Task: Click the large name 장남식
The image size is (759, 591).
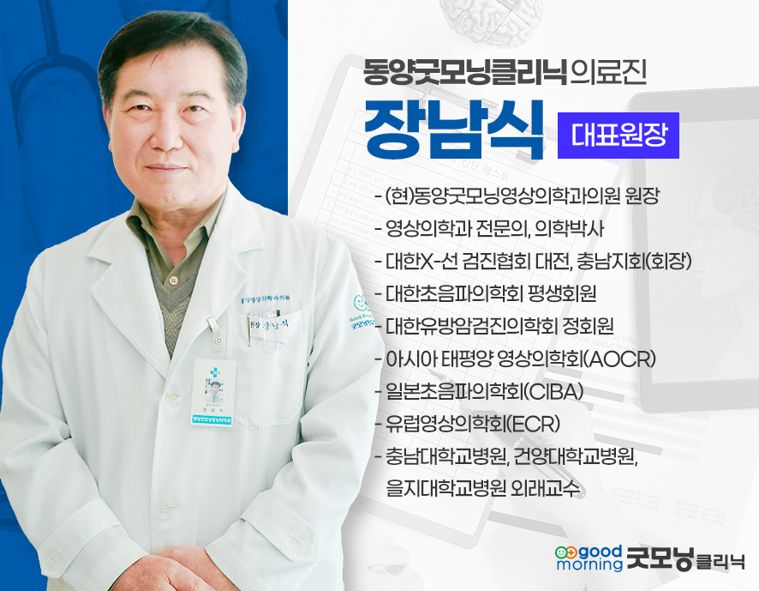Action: pyautogui.click(x=454, y=130)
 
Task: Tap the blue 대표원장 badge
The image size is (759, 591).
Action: pyautogui.click(x=619, y=136)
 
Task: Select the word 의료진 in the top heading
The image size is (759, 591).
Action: pyautogui.click(x=608, y=73)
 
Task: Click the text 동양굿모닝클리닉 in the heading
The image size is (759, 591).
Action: pyautogui.click(x=465, y=73)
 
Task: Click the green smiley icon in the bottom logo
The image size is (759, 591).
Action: pyautogui.click(x=566, y=552)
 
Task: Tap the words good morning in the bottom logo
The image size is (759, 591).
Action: pyautogui.click(x=589, y=558)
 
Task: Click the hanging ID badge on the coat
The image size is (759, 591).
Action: pyautogui.click(x=213, y=393)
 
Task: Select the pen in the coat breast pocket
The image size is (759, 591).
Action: pyautogui.click(x=251, y=329)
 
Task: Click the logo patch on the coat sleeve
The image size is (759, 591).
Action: pyautogui.click(x=361, y=313)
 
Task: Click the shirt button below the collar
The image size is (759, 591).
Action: pyautogui.click(x=173, y=280)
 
